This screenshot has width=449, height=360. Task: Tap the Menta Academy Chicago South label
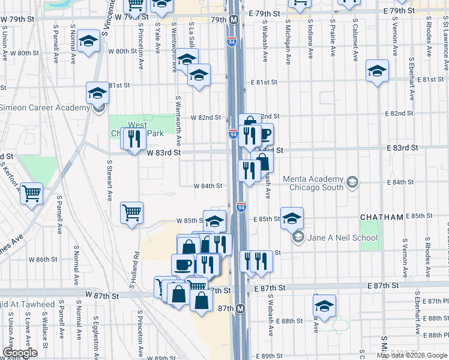(307, 184)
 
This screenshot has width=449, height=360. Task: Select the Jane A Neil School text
(343, 238)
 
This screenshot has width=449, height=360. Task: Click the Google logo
(20, 353)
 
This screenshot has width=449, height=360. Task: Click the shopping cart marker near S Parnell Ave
(31, 193)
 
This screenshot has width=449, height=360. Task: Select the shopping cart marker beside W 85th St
(131, 212)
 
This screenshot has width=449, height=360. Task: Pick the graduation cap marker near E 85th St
(292, 218)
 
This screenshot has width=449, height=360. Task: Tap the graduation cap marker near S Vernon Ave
(378, 71)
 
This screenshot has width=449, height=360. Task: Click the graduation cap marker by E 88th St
(324, 305)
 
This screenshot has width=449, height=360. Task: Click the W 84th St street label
(208, 186)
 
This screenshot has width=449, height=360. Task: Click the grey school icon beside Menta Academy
(352, 181)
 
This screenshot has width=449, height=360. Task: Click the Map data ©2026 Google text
(412, 355)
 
